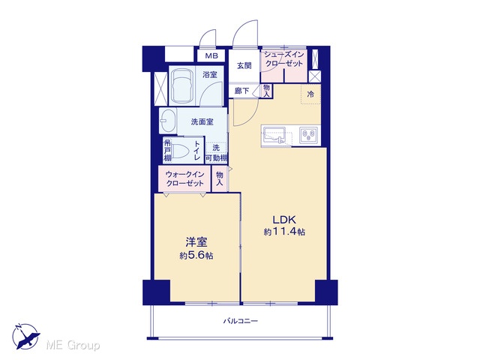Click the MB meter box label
[x=211, y=56]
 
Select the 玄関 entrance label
[x=244, y=65]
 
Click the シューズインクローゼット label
[x=283, y=59]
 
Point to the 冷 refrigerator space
[x=310, y=94]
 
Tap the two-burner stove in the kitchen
[x=308, y=135]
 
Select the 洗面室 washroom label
[x=202, y=121]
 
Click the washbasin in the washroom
[x=167, y=121]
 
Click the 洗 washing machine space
[x=216, y=148]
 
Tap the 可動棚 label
[x=216, y=158]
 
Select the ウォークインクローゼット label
[x=184, y=178]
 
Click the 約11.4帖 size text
[x=284, y=232]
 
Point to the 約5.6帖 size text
[x=196, y=256]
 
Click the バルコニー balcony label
[x=240, y=321]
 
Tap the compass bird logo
[x=26, y=336]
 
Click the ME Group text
[x=73, y=345]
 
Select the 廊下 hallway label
[x=241, y=91]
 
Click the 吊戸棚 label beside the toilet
[x=167, y=150]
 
